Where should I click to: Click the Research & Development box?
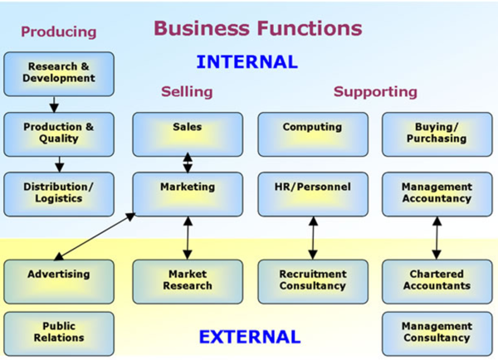click(58, 73)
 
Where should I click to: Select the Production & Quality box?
click(58, 134)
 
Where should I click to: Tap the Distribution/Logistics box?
click(58, 193)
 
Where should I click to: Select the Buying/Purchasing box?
click(437, 134)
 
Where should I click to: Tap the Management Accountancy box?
click(437, 193)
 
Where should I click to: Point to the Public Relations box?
click(58, 333)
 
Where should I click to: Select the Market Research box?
click(188, 280)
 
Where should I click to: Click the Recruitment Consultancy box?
click(312, 280)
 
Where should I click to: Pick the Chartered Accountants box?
click(437, 280)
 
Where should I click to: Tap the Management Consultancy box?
click(437, 333)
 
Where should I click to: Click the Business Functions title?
click(257, 28)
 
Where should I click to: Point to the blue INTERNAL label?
click(247, 61)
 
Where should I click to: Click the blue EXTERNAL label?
click(249, 337)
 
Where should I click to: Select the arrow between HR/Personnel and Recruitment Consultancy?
click(312, 238)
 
